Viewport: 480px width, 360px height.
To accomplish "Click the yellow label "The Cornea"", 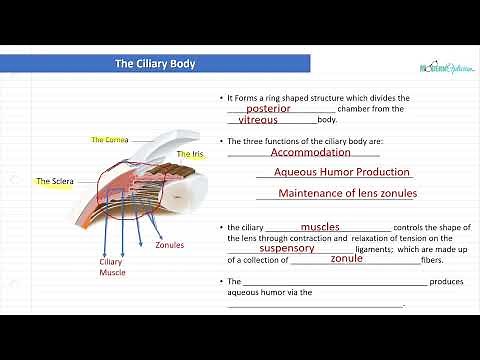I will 110,140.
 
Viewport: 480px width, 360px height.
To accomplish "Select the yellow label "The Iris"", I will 190,154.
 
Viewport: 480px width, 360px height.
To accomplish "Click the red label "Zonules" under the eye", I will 170,244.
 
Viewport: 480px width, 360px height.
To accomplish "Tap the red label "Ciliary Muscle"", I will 112,267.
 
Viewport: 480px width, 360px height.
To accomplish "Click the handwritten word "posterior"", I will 268,108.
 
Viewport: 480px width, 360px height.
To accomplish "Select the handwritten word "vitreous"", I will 258,120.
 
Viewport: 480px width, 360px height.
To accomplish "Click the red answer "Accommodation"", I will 310,153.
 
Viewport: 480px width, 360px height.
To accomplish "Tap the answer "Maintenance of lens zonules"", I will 347,193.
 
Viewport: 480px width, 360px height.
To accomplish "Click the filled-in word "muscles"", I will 320,227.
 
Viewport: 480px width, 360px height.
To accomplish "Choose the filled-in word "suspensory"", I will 287,248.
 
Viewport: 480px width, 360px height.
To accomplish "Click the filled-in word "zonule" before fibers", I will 346,259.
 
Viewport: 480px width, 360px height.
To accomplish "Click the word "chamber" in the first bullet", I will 356,109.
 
